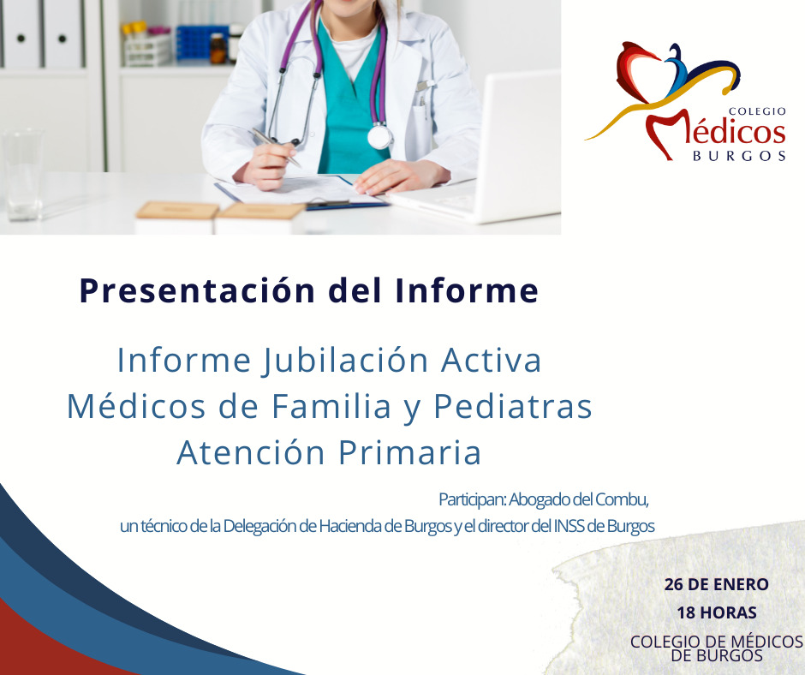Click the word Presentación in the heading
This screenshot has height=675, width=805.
(x=197, y=291)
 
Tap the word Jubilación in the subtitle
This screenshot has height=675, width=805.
(x=345, y=360)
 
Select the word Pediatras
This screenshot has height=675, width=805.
(x=513, y=406)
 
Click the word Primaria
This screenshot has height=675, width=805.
(x=409, y=452)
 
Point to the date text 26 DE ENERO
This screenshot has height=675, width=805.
(x=716, y=584)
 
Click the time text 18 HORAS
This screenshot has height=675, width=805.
(x=717, y=612)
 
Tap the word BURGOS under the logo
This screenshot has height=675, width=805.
(x=740, y=156)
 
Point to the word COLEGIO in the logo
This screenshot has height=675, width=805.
(x=757, y=111)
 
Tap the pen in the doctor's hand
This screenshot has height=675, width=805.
(x=276, y=146)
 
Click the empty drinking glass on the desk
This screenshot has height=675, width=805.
(x=22, y=175)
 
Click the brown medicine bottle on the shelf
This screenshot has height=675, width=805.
(x=218, y=48)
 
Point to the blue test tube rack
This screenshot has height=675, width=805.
(x=202, y=45)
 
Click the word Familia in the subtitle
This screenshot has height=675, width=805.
(x=331, y=406)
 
